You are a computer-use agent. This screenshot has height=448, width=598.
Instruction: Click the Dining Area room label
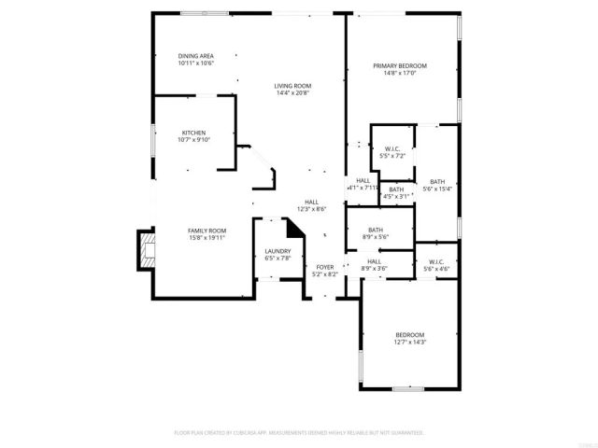196,56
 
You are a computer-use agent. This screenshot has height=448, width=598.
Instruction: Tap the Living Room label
292,86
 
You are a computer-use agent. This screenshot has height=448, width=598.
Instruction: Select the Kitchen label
193,133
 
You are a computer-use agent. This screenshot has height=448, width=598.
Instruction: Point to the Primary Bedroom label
400,66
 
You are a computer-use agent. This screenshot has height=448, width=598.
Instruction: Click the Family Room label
206,231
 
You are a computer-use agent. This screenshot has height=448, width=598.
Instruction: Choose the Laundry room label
278,251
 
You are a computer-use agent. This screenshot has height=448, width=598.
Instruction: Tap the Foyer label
324,268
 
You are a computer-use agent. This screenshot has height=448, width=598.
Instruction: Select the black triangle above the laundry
295,230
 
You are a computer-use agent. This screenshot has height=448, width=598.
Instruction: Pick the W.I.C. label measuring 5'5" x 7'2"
392,149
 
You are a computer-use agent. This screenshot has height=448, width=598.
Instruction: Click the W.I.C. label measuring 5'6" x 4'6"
436,261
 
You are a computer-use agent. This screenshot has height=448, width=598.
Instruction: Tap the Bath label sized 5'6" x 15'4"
437,182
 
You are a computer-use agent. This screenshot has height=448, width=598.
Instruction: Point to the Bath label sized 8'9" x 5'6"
376,231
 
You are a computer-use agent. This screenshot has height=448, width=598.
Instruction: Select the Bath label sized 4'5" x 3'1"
396,189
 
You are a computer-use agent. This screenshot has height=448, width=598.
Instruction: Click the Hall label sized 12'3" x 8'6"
311,202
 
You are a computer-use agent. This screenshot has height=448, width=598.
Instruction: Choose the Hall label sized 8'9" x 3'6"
373,261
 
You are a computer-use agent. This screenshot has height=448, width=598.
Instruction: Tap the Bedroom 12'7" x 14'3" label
409,335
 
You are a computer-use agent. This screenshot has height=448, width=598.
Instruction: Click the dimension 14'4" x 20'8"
292,92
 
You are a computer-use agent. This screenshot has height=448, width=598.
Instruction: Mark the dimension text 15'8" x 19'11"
206,237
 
